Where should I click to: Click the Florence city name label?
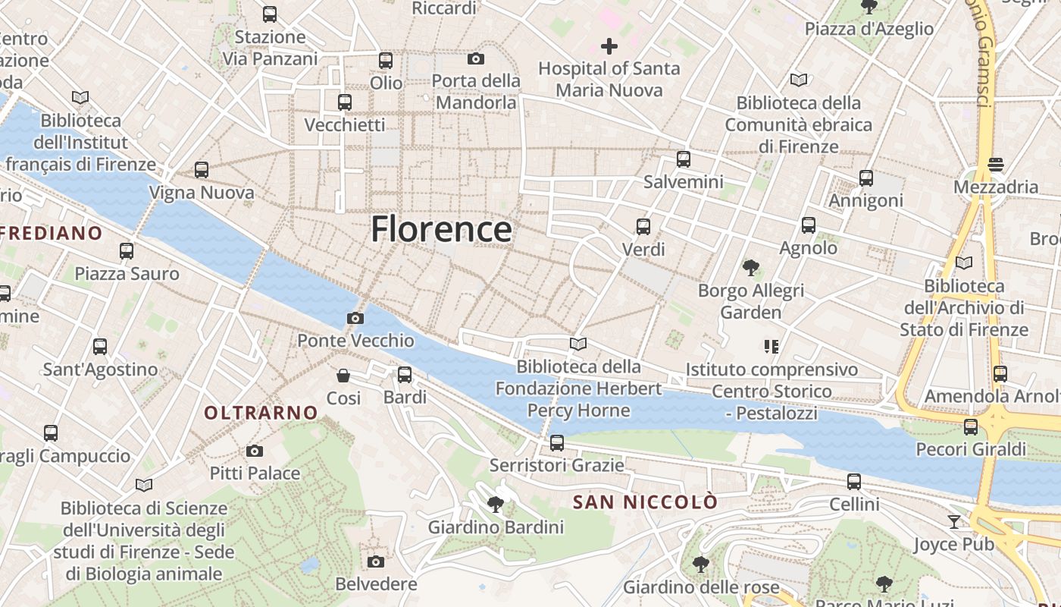441,229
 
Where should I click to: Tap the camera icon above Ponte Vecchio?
355,318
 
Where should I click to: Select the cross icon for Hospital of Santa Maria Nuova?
609,46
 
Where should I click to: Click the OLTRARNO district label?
261,413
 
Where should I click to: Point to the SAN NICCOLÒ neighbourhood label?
645,502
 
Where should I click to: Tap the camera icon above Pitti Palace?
255,451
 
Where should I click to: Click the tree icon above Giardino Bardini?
496,504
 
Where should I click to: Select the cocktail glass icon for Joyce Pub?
953,521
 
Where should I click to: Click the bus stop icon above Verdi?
643,226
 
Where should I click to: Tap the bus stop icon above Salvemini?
684,159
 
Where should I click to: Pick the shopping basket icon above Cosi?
343,375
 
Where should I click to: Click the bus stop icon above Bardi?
405,374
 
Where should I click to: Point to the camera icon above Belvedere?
376,561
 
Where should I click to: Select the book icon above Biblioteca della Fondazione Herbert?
578,344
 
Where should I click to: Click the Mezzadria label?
996,187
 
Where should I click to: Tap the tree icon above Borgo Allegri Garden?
750,267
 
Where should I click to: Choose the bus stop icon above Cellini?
854,481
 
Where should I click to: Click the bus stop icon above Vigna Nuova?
202,170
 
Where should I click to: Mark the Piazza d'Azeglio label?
869,29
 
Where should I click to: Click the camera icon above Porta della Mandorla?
476,58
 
